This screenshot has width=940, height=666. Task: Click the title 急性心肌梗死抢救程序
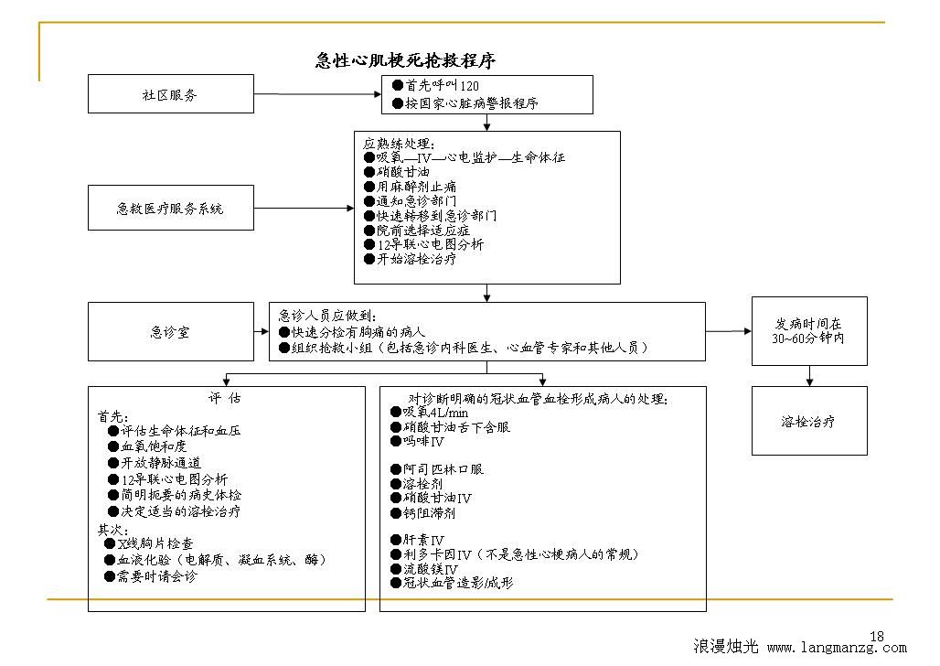405,60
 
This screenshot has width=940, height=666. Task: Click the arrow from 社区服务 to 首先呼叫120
317,94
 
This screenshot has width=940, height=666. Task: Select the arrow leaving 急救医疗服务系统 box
304,209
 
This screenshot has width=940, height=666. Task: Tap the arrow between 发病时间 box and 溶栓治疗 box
809,376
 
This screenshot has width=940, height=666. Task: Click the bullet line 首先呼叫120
435,86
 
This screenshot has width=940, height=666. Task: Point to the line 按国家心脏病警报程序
465,103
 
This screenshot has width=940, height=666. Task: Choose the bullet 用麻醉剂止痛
410,187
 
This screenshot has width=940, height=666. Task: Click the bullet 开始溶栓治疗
410,259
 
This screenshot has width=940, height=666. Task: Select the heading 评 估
225,398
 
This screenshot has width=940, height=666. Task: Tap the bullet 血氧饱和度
147,446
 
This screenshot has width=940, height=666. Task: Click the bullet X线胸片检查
149,543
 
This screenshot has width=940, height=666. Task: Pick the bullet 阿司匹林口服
437,469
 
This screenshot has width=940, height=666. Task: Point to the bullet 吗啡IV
417,442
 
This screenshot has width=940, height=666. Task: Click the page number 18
877,636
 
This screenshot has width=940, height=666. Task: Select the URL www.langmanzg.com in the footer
837,648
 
